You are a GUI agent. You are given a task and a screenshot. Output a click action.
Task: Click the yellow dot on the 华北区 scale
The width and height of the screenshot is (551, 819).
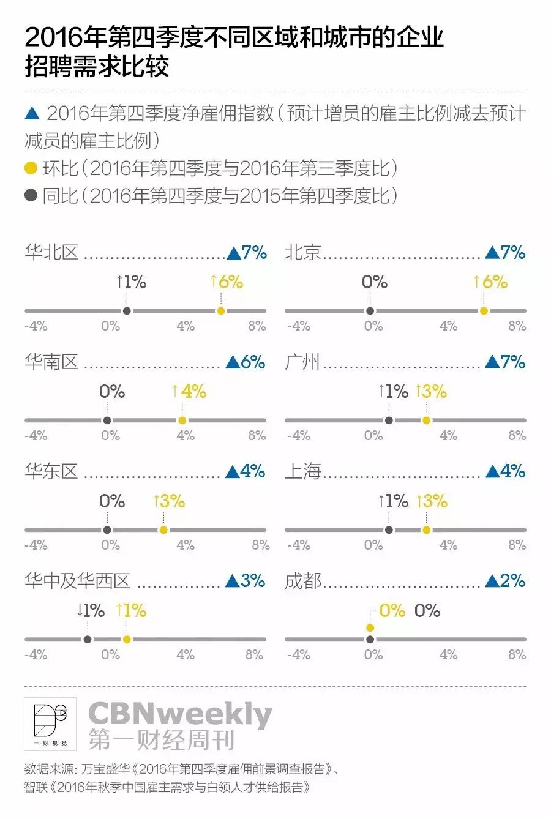[x=221, y=311]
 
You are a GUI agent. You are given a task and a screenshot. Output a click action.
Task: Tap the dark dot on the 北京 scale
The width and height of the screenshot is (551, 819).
[x=370, y=311]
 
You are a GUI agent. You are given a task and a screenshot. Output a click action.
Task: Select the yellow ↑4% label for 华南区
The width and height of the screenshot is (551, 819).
[x=189, y=392]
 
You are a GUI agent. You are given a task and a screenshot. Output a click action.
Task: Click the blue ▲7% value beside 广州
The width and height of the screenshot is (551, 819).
[x=505, y=362]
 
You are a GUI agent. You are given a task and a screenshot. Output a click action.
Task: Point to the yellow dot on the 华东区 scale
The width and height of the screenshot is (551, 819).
[x=163, y=530]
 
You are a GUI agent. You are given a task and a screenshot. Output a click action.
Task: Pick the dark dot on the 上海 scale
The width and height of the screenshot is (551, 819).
[x=389, y=530]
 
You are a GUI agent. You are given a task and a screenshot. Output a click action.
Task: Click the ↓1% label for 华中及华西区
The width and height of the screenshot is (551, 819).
[x=91, y=610]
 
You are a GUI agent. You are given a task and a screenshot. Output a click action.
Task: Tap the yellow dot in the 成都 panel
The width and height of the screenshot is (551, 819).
[x=370, y=628]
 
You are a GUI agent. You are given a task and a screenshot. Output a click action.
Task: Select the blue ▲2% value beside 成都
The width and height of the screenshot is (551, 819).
[x=505, y=581]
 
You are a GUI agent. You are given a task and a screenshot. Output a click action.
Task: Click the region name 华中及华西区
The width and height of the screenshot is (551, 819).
[x=77, y=581]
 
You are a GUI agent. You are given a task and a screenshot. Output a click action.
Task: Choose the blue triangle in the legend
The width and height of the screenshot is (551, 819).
[x=32, y=113]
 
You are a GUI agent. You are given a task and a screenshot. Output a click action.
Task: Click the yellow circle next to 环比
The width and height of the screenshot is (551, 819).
[x=31, y=168]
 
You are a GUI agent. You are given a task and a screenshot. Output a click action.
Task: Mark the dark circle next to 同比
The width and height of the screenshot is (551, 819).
[x=31, y=195]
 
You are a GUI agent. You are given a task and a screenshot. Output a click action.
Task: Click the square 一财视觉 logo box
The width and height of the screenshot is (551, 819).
[x=50, y=724]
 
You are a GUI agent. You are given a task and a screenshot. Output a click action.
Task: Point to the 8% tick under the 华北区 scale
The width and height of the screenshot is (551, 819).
[x=257, y=326]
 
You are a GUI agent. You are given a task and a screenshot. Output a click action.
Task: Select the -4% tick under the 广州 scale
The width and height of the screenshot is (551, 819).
[x=299, y=435]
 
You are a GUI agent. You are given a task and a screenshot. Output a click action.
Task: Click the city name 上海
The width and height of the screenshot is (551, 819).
[x=302, y=471]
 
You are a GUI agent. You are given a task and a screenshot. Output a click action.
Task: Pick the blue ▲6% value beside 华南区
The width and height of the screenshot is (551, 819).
[x=246, y=362]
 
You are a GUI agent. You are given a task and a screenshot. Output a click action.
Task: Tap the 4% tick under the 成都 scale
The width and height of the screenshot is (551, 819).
[x=449, y=654]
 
